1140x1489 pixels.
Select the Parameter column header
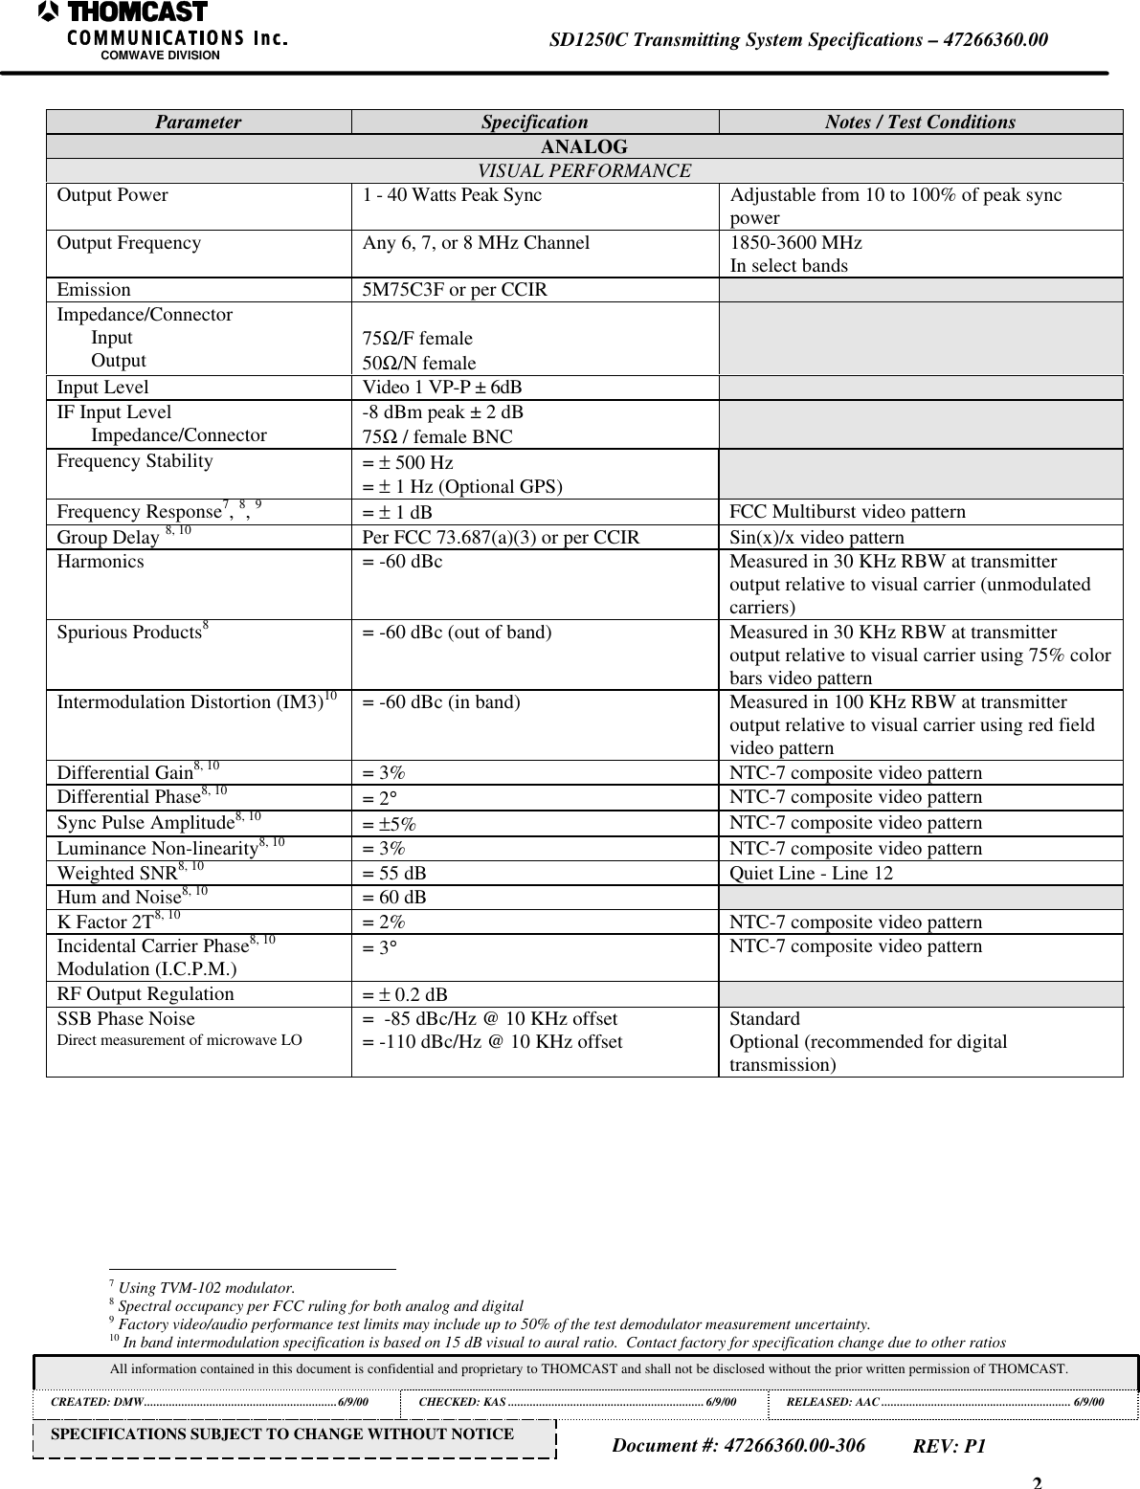(198, 122)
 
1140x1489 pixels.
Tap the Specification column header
(534, 122)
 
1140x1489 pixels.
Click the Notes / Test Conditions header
(920, 122)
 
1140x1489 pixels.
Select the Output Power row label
(112, 195)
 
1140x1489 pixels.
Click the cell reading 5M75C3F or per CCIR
(455, 290)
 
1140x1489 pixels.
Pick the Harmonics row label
(101, 562)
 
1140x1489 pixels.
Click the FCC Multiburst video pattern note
(847, 512)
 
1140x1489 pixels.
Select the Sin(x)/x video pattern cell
(816, 537)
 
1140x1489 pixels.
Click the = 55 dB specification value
(394, 873)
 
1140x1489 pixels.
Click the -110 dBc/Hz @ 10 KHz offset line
(492, 1042)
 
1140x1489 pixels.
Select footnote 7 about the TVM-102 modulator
(203, 1288)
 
